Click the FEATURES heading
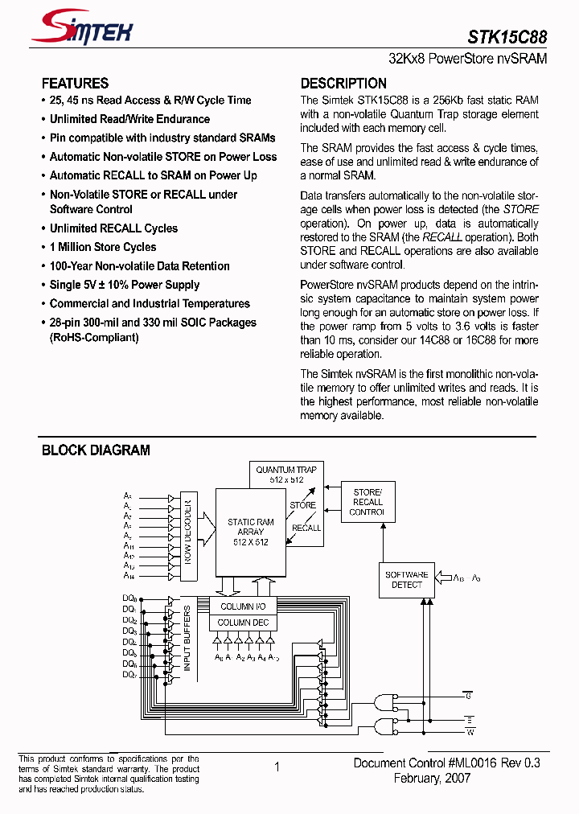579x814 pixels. click(x=75, y=84)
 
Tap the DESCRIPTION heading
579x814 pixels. click(x=343, y=84)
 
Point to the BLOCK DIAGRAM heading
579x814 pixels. click(x=96, y=450)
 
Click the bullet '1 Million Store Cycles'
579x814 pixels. click(x=103, y=247)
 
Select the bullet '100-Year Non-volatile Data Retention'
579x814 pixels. click(x=139, y=266)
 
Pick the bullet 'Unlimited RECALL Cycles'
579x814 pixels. click(x=113, y=228)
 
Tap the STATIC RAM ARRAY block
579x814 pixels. click(x=250, y=532)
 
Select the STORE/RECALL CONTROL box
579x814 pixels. click(x=368, y=502)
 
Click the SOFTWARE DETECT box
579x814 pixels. click(x=406, y=580)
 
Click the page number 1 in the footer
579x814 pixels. click(x=277, y=767)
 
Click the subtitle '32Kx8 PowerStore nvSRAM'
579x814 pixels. click(x=467, y=60)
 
